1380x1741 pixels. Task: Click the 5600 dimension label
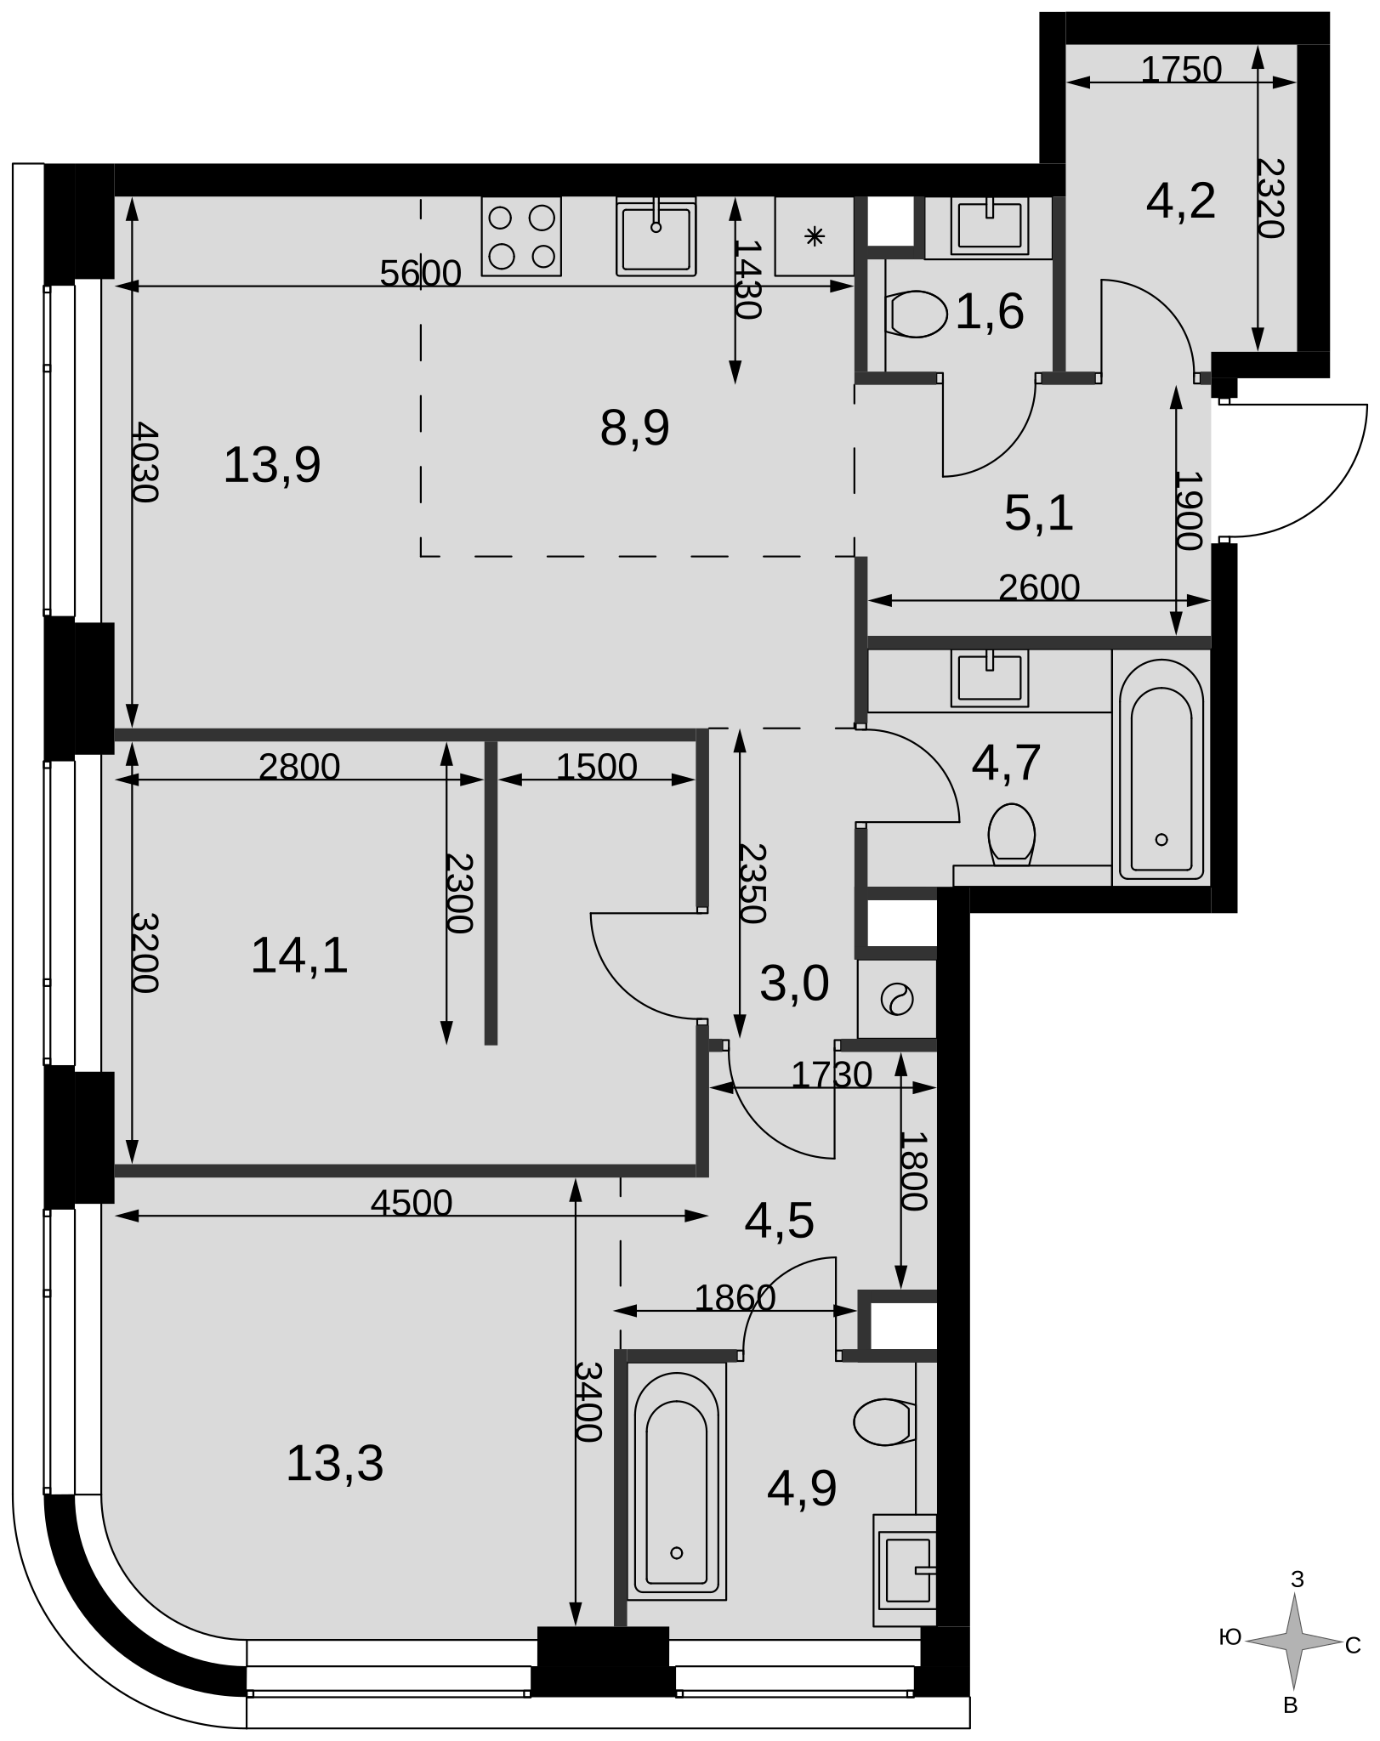420,274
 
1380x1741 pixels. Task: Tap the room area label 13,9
272,466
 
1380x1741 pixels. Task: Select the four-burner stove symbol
521,236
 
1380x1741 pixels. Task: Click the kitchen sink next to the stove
656,236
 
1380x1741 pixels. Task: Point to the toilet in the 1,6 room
916,314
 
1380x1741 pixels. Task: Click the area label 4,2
1180,202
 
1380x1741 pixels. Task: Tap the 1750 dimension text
1181,70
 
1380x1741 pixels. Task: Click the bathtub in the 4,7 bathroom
1161,769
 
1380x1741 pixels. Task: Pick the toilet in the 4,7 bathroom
1012,835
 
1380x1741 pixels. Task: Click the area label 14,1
299,956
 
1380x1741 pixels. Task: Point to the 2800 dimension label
299,767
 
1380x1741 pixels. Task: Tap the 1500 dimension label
596,767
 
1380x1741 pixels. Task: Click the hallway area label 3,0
794,984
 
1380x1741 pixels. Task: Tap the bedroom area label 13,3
335,1464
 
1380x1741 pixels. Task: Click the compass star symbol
1294,1642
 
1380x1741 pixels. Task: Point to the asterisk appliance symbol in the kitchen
815,236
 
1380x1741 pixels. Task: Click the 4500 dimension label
412,1203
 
